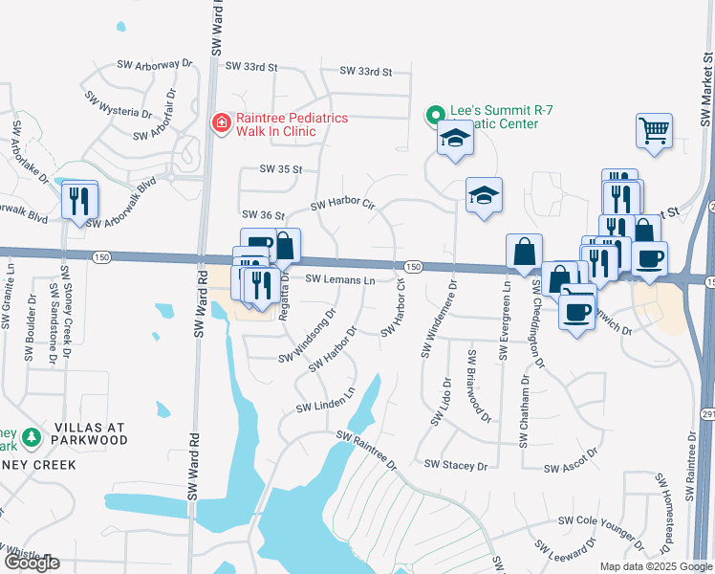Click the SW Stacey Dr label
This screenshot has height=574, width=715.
(x=456, y=465)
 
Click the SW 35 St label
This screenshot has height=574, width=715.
(x=281, y=169)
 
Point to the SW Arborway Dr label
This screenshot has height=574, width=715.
(x=154, y=64)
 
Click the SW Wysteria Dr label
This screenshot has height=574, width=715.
(x=119, y=105)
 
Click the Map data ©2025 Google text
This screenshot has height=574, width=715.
(x=655, y=566)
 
